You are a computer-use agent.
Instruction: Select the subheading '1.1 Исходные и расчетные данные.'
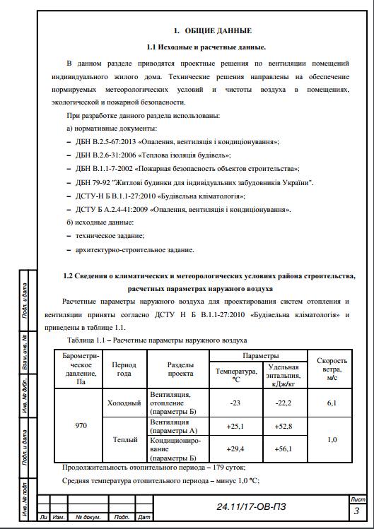click(206, 47)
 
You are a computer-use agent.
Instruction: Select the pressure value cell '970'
click(81, 426)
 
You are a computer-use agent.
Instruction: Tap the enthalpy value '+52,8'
click(284, 426)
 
